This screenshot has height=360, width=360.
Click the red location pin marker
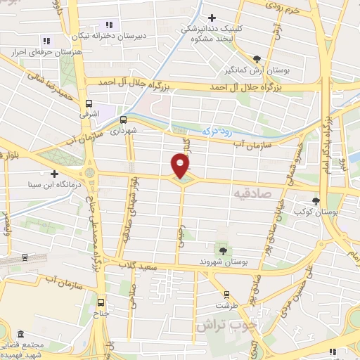181,165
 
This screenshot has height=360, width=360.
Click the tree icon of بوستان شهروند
223,250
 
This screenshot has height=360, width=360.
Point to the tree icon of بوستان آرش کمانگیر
257,60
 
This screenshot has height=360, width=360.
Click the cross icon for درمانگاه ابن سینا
53,173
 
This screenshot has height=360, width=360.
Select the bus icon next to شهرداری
124,120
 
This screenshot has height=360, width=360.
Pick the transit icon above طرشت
226,294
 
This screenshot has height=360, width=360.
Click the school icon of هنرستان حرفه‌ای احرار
46,41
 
